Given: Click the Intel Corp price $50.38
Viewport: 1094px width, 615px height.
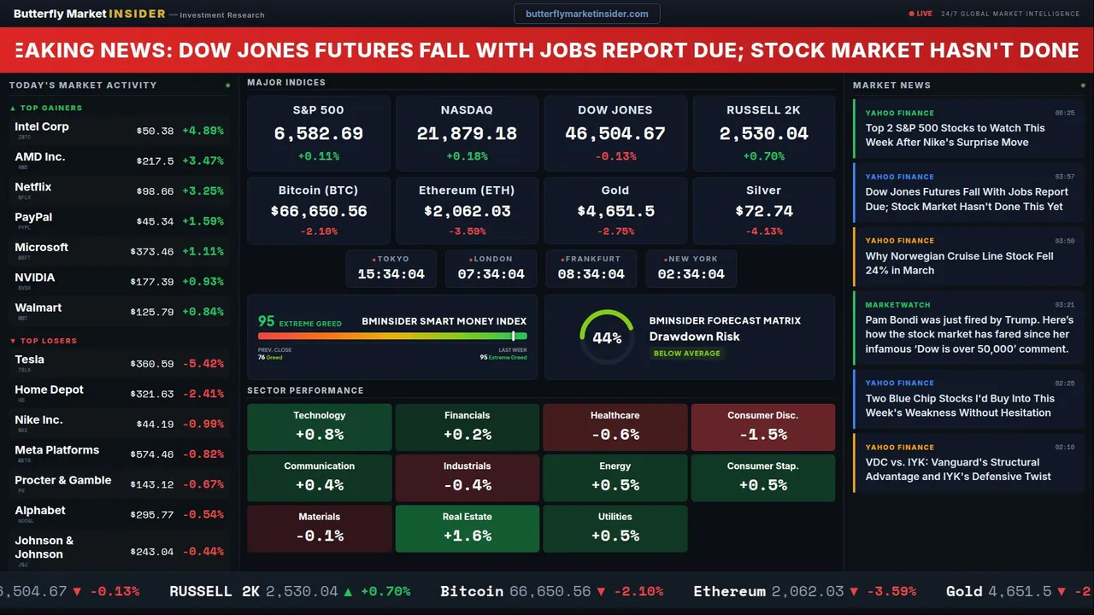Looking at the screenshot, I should [x=155, y=132].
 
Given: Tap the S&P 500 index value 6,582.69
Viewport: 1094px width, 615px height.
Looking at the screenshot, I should [x=318, y=134].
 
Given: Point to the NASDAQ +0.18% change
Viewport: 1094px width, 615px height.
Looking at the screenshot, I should [x=467, y=156].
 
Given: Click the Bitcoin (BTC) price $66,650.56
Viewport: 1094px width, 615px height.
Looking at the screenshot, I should [x=318, y=211].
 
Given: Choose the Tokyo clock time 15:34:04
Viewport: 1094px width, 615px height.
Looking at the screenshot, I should [x=391, y=274].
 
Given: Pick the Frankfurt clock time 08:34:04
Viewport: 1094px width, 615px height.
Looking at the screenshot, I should [x=591, y=274].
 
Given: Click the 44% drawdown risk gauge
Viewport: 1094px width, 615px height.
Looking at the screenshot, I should [x=607, y=337].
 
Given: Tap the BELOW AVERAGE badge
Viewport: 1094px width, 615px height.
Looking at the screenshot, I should [x=686, y=354].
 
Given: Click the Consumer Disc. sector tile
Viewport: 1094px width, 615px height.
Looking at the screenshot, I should [x=762, y=426].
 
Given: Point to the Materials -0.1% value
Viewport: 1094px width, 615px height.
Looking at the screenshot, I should [x=319, y=536].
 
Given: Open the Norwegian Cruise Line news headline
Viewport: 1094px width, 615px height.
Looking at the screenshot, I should [x=959, y=263].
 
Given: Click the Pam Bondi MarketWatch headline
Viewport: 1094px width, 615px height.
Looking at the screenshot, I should [x=968, y=334].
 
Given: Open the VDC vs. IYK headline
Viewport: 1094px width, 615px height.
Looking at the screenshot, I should [x=958, y=469].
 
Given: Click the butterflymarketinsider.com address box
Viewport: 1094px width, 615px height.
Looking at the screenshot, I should [x=586, y=14].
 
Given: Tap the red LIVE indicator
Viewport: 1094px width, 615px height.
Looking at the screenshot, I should [x=920, y=14].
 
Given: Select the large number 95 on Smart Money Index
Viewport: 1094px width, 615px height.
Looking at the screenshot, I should [x=267, y=321].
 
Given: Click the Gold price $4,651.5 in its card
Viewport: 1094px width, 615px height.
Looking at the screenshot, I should [x=615, y=211].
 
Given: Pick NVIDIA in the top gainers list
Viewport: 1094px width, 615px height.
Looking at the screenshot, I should [x=35, y=278].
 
